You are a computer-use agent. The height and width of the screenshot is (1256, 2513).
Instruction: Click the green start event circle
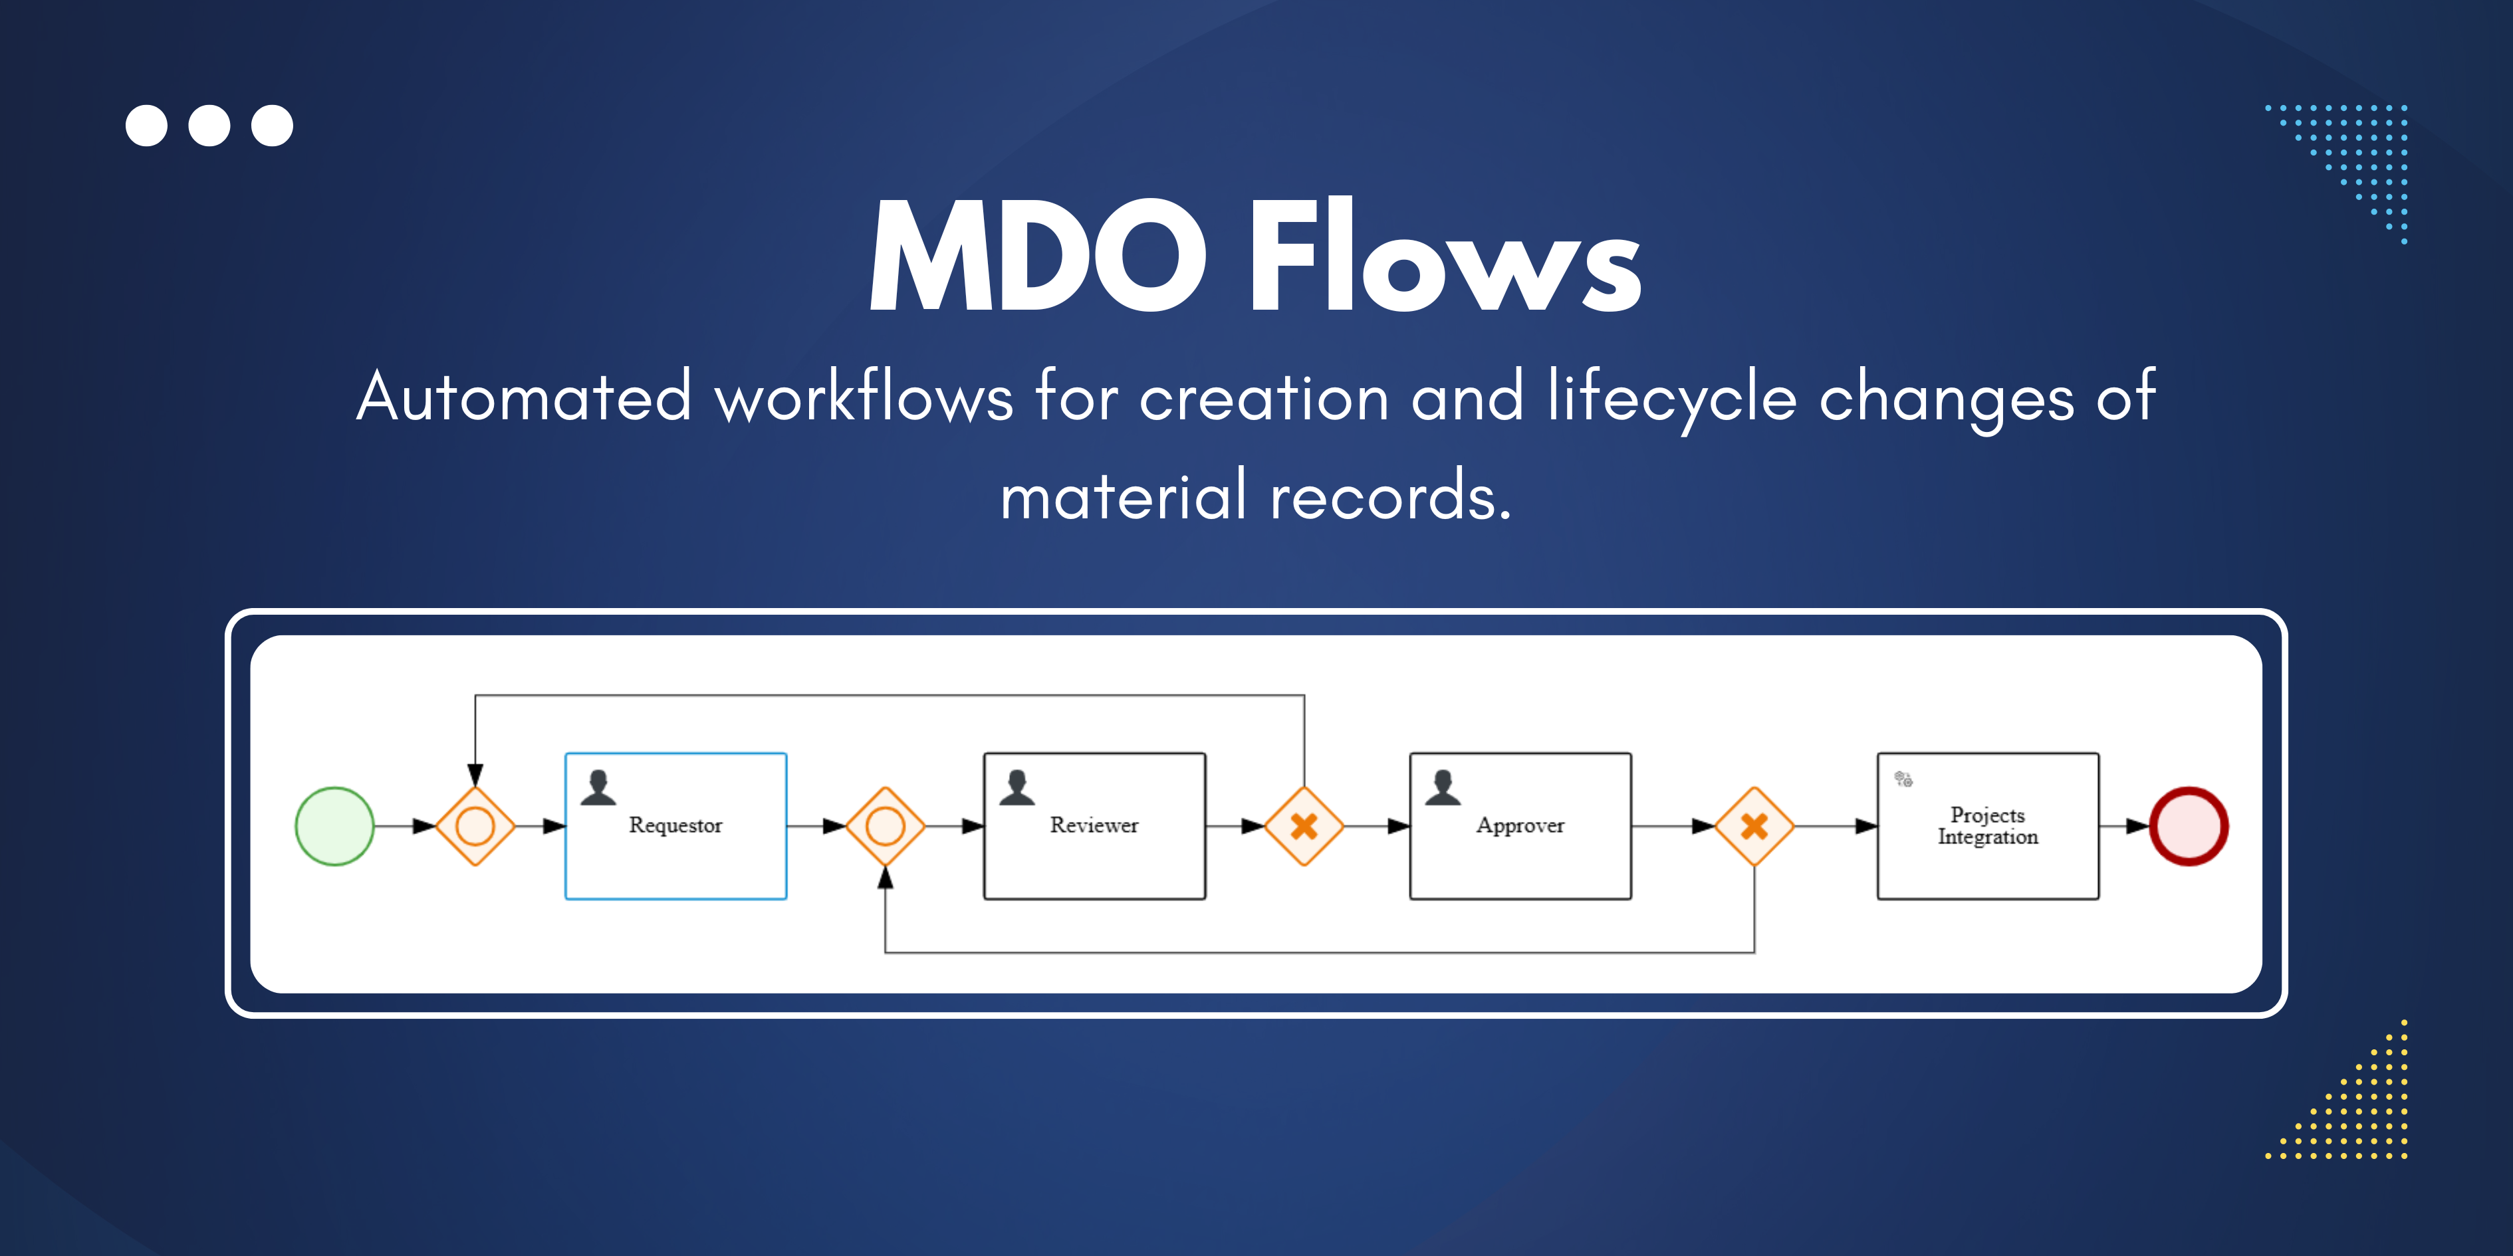pos(334,826)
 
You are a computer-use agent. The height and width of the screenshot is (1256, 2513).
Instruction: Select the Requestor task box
pos(675,826)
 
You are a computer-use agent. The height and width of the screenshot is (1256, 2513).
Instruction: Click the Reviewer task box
pos(1094,826)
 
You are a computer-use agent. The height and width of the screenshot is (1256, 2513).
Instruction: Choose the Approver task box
pos(1520,826)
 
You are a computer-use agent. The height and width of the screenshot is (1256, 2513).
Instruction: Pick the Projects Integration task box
pos(1987,826)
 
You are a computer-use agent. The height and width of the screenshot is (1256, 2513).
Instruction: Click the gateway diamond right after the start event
pos(475,826)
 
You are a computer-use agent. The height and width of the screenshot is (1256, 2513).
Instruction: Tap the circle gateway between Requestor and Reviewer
pos(885,826)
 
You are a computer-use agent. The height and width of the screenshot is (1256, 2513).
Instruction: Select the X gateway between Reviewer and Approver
pos(1304,826)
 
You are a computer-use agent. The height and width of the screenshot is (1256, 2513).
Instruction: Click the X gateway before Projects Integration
pos(1754,826)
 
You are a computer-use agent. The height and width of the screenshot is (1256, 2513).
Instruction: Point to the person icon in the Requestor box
pos(598,787)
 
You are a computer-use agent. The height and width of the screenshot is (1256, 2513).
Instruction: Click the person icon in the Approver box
pos(1442,787)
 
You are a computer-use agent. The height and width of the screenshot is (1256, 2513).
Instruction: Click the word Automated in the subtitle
pos(524,398)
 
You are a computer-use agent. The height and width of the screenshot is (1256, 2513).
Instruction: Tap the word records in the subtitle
pos(1389,495)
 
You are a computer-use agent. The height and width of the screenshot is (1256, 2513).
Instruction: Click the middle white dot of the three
pos(209,126)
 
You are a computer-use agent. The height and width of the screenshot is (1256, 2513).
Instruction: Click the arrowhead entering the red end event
pos(2139,826)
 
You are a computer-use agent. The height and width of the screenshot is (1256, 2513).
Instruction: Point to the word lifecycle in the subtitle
pos(1671,398)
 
